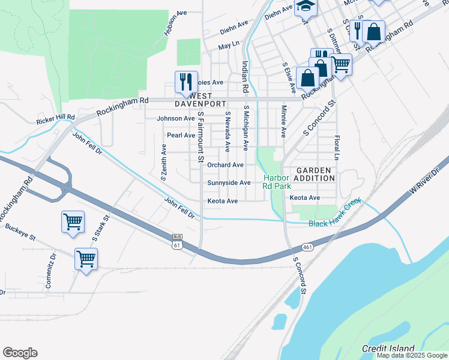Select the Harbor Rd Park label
click(x=276, y=182)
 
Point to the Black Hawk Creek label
click(x=335, y=223)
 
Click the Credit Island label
click(x=388, y=349)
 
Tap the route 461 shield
click(x=307, y=247)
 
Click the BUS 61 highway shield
click(x=176, y=241)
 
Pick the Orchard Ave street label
click(x=225, y=165)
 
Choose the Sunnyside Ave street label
click(x=229, y=183)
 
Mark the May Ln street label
click(x=229, y=46)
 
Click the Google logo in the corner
click(x=20, y=353)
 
